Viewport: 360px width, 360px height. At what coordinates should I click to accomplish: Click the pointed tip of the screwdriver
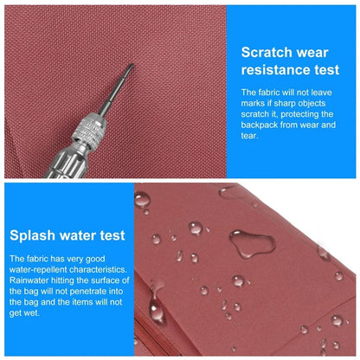coord(132,65)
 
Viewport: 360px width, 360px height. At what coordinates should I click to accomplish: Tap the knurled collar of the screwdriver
coord(89,132)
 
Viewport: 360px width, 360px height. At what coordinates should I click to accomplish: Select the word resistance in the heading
coord(275,70)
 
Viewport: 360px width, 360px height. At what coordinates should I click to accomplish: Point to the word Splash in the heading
coord(32,235)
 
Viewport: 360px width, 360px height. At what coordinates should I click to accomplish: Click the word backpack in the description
coord(260,125)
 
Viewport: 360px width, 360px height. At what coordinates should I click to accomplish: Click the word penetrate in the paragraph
coord(88,292)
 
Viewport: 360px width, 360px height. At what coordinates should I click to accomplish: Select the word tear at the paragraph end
coord(248,136)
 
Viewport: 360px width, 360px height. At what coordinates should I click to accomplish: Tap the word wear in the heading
coord(312,53)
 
